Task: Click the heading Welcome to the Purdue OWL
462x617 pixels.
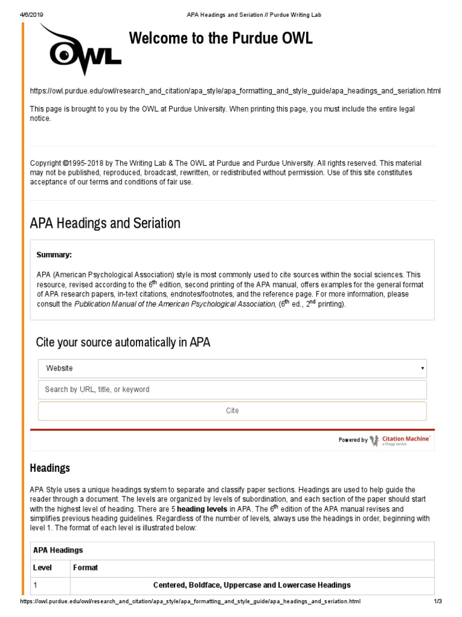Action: click(x=221, y=39)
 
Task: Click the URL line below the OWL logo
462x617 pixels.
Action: click(x=235, y=91)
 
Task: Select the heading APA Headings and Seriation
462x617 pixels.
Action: click(x=105, y=223)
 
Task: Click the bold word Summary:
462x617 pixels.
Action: click(x=54, y=255)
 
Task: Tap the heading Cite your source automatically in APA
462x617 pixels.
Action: click(x=123, y=342)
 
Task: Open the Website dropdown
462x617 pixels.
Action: click(x=232, y=368)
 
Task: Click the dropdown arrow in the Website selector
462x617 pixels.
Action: click(x=422, y=368)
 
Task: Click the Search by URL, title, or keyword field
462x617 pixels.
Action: click(x=232, y=389)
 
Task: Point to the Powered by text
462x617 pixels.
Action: click(x=353, y=440)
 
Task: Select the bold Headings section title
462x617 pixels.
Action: click(x=50, y=468)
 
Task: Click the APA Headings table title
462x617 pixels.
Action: click(x=58, y=550)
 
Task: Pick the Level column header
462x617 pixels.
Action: click(x=42, y=568)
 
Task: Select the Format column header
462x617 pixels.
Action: click(x=85, y=568)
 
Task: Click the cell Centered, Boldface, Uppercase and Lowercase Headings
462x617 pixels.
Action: click(x=251, y=585)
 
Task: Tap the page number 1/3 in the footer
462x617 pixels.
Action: click(x=437, y=601)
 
